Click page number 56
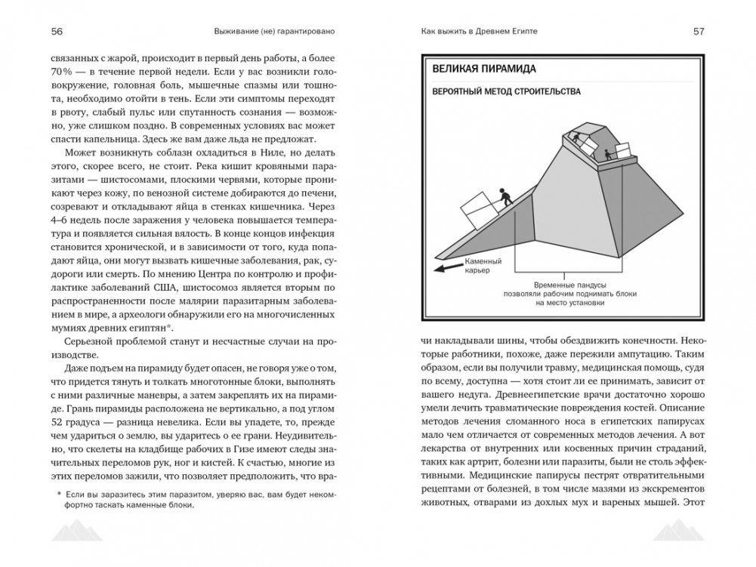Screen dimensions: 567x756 click(57, 32)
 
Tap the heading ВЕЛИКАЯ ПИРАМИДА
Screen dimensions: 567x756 click(484, 69)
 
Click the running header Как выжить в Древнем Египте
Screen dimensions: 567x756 click(484, 32)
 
